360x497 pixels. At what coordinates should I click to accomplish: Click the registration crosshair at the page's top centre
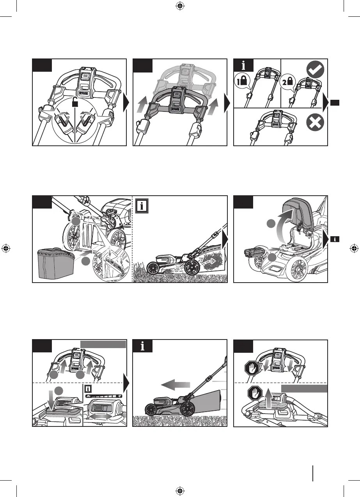[180, 6]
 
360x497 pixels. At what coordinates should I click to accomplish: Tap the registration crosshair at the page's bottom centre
[180, 490]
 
